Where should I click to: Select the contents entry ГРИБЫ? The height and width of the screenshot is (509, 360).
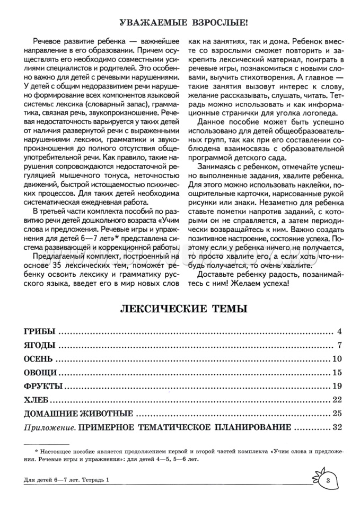[40, 332]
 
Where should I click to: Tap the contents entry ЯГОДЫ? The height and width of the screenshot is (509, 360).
[40, 346]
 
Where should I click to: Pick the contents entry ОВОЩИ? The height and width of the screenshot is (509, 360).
[41, 372]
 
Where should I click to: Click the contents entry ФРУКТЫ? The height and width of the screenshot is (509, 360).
[43, 385]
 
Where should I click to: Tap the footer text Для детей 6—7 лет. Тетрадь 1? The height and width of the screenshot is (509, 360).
[66, 480]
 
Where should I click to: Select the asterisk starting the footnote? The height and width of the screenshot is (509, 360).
[36, 451]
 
